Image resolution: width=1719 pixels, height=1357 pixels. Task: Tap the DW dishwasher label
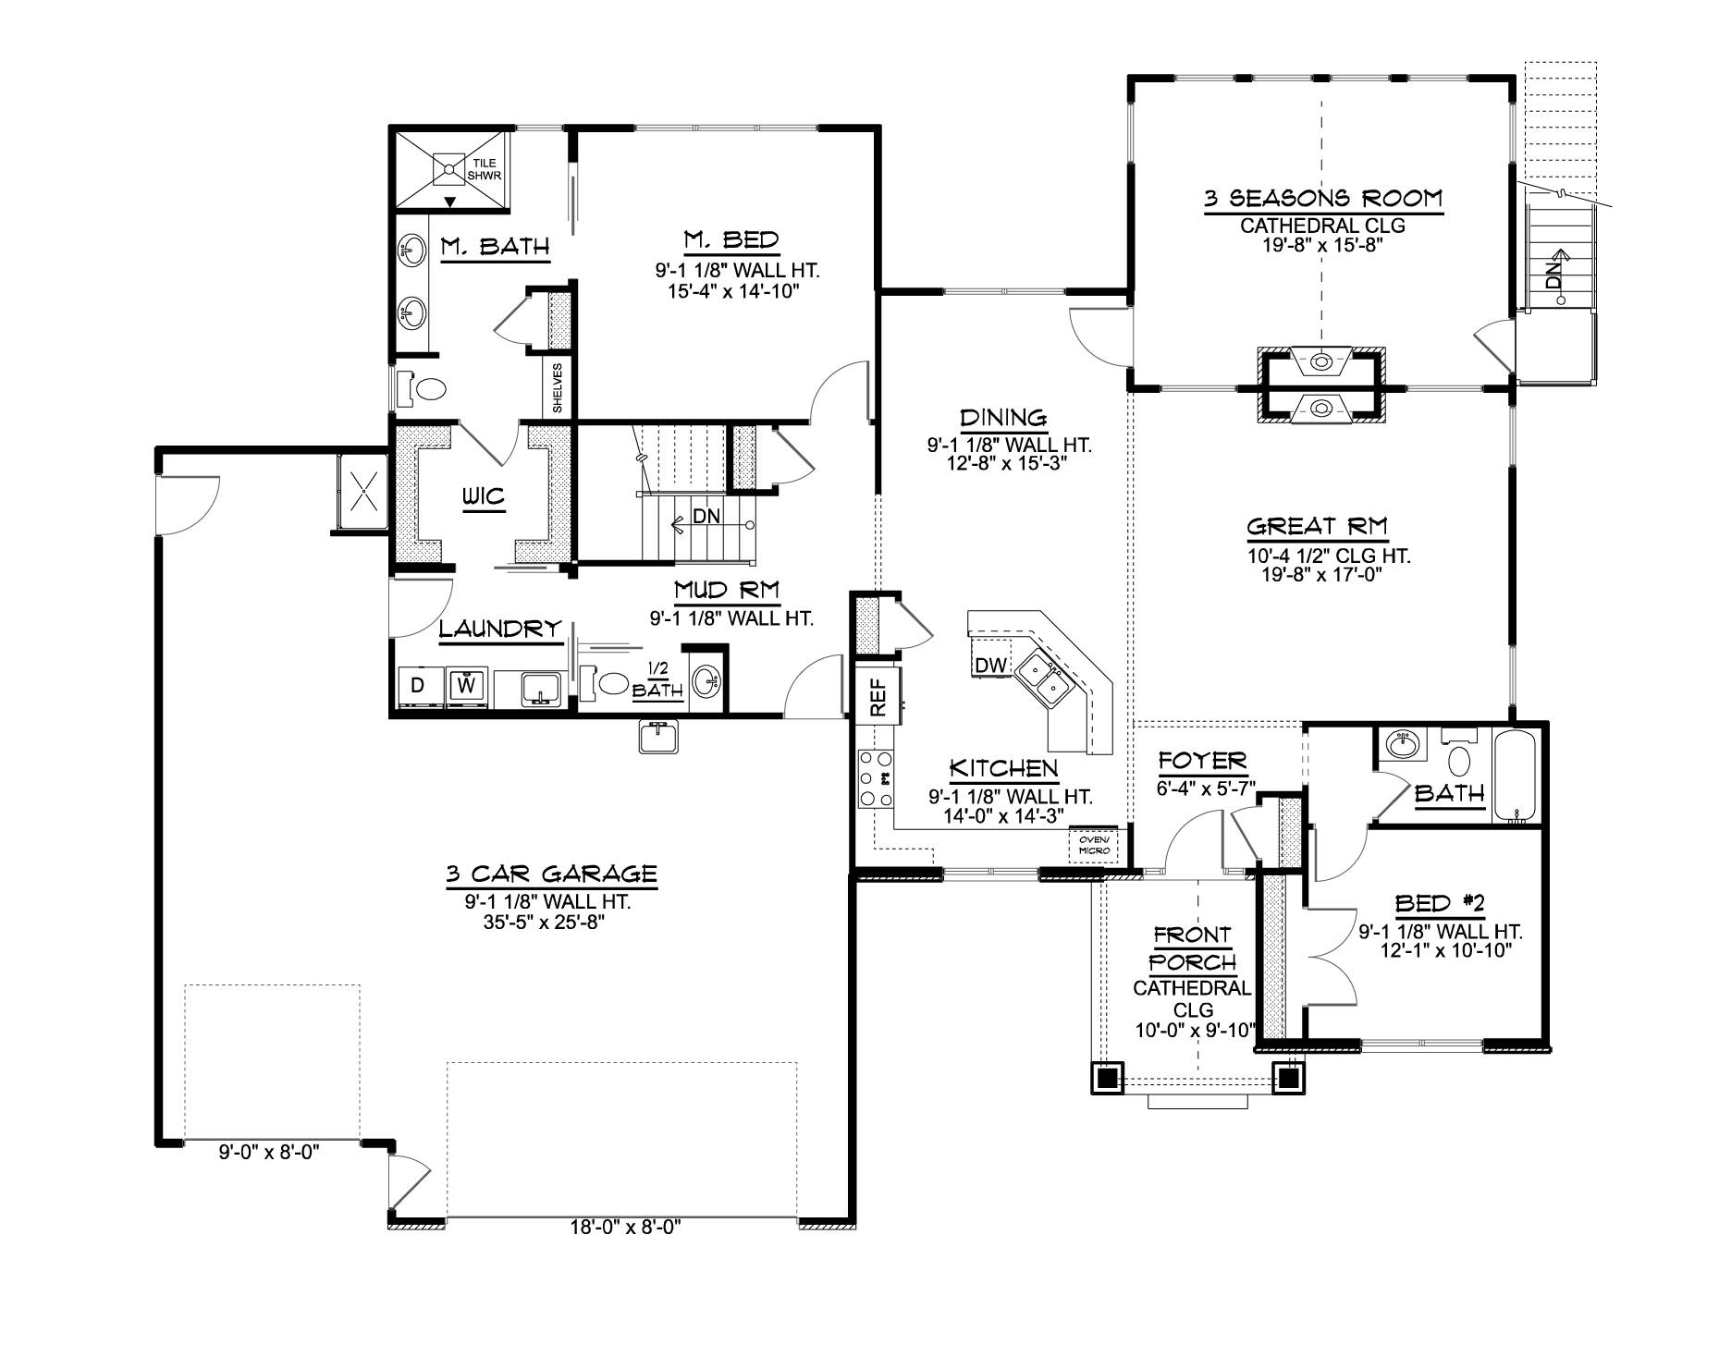(990, 665)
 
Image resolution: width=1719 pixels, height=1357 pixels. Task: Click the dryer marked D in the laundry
(418, 686)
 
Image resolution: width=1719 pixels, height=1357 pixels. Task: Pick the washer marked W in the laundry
(467, 686)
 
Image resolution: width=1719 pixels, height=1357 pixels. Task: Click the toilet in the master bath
(421, 386)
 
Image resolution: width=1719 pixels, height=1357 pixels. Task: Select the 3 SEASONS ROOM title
(1322, 198)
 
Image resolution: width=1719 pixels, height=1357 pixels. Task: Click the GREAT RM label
(1317, 527)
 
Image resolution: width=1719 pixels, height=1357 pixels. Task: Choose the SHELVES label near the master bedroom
(558, 386)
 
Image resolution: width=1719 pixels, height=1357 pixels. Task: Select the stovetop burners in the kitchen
(875, 777)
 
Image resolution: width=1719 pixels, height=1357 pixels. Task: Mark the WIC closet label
(484, 496)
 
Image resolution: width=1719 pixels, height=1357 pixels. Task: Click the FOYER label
(1202, 761)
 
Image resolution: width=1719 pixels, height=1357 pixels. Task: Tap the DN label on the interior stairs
(706, 517)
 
